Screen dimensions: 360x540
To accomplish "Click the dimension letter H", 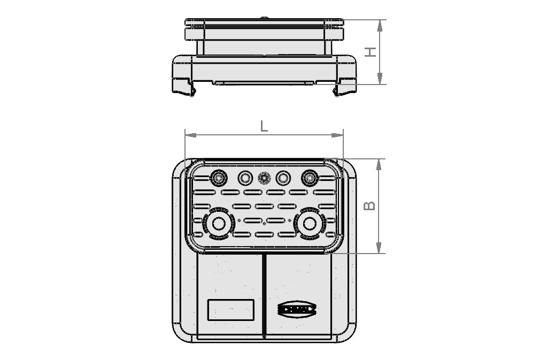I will [371, 52].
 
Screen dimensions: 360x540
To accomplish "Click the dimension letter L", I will [264, 126].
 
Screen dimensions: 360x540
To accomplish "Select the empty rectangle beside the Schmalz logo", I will [230, 309].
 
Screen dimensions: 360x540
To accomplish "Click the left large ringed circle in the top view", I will [218, 225].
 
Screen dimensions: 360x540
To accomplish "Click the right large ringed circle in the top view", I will [309, 225].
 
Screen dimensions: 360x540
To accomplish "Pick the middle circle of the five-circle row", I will [264, 178].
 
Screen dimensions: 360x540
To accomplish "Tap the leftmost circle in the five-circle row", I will [218, 178].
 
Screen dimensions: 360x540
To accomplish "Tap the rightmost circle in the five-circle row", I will [309, 178].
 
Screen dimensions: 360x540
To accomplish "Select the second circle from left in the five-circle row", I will [244, 178].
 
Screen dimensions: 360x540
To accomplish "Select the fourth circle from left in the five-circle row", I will [283, 178].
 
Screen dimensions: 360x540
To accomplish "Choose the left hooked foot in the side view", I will [191, 91].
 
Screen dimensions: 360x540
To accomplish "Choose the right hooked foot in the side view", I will [337, 91].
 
